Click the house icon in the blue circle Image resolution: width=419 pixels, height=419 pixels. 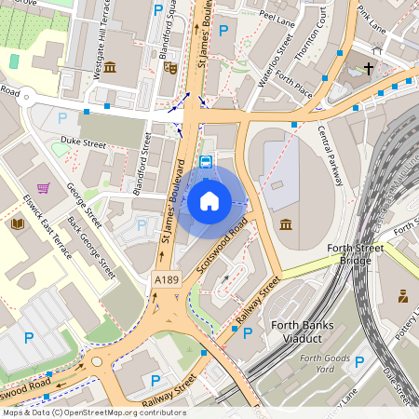pos(209,201)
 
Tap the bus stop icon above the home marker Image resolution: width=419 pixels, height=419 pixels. pos(207,160)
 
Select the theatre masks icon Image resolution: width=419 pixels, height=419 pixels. pos(169,67)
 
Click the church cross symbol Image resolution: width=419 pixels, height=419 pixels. pos(369,68)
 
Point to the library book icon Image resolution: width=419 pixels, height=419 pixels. pos(18,223)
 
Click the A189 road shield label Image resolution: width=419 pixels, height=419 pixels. pos(166,278)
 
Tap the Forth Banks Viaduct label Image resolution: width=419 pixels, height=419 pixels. pos(282,331)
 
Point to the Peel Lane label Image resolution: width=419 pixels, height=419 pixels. pos(277,16)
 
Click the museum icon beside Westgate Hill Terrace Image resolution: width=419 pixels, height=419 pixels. pos(110,67)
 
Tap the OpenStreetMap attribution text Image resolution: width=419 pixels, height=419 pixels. pos(93,412)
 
